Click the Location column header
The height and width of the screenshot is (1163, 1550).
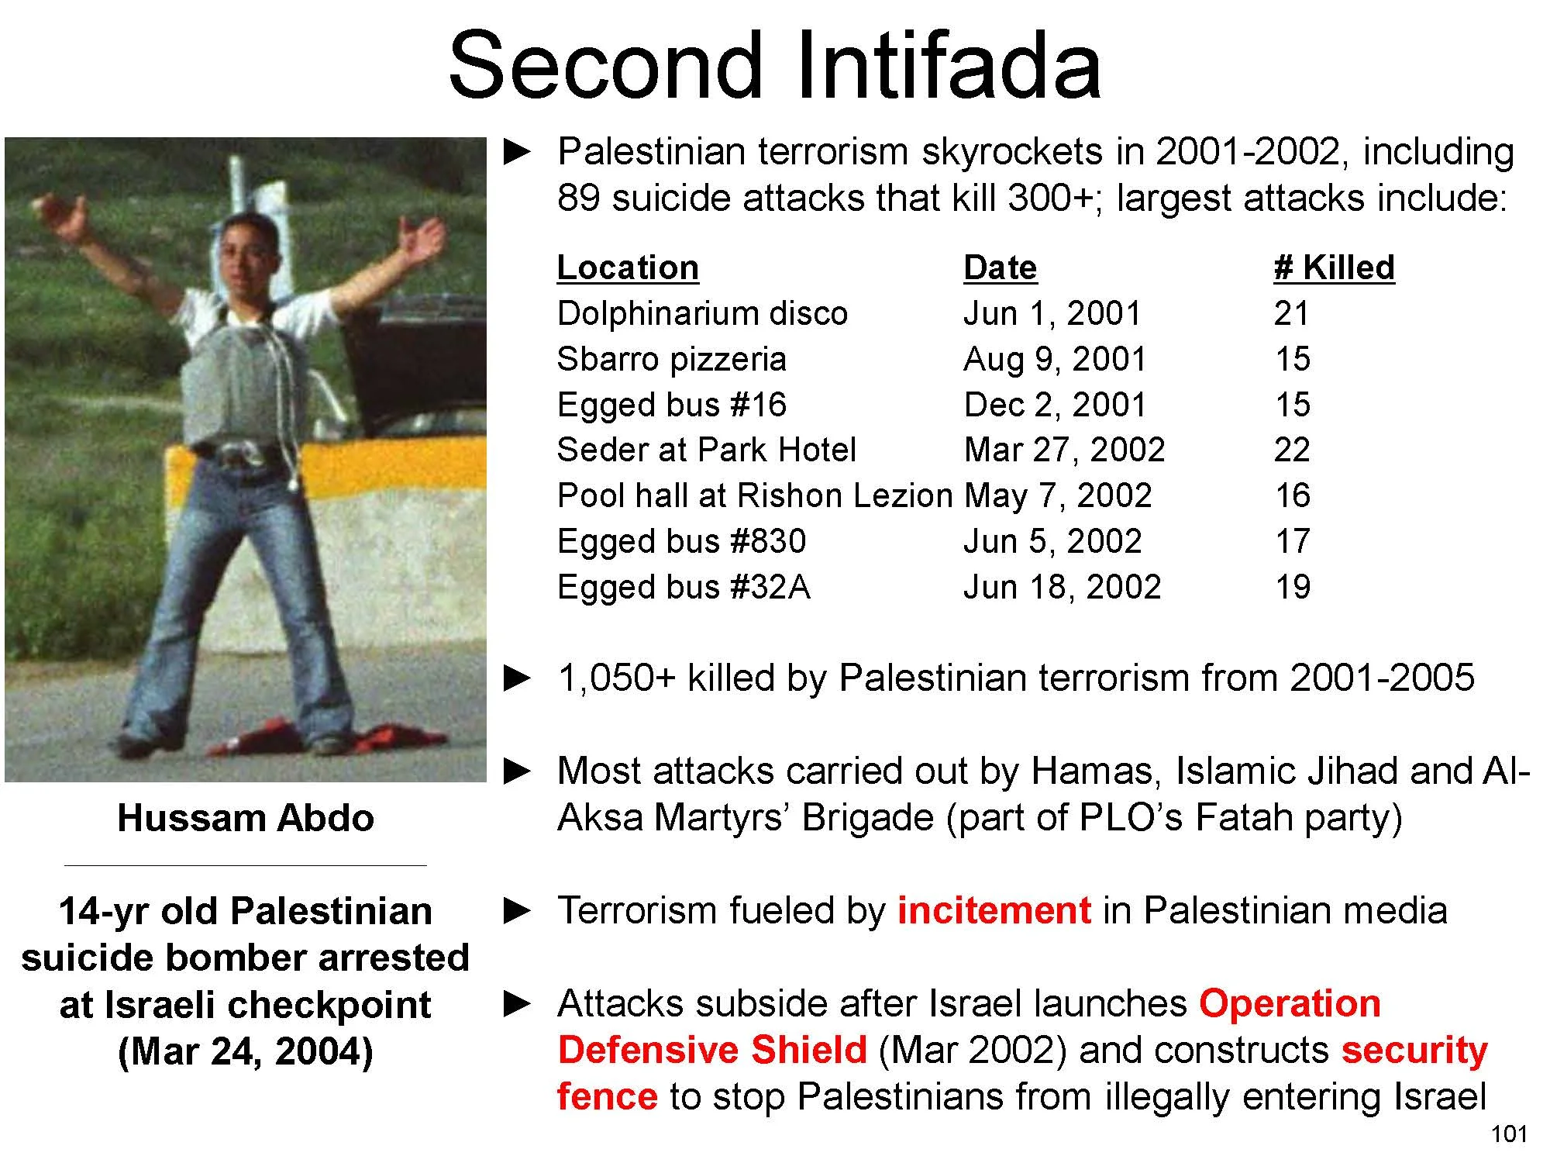click(628, 267)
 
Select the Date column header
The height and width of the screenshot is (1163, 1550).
click(1000, 267)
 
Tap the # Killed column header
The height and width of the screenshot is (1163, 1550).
click(1334, 267)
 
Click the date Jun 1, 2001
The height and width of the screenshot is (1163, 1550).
click(1052, 313)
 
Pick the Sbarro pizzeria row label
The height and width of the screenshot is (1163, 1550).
click(671, 359)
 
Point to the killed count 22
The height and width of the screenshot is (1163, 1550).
click(1292, 450)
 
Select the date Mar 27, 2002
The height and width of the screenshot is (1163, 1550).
click(1064, 450)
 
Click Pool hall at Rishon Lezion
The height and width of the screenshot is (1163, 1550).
click(754, 495)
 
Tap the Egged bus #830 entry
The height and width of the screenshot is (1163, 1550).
click(681, 541)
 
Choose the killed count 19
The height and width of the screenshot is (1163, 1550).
click(1292, 587)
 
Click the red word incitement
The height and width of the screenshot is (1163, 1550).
click(994, 910)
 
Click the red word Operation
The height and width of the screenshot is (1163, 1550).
click(1290, 1003)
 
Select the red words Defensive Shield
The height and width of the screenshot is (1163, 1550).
click(711, 1050)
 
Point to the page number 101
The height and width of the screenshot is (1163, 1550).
click(1509, 1134)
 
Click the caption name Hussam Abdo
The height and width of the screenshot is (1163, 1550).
click(245, 818)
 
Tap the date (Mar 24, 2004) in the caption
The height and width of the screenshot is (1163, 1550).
click(245, 1052)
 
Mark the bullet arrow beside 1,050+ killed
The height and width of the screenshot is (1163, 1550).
click(518, 678)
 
